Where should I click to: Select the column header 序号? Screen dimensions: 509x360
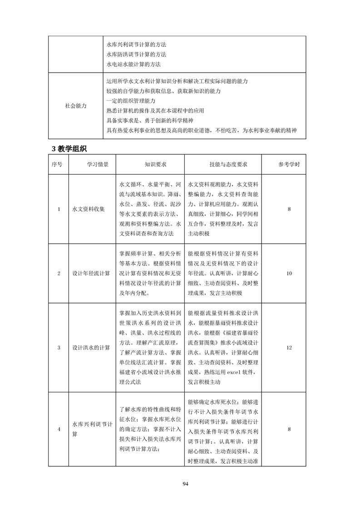[x=59, y=165]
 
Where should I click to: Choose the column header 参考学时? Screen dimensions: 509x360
[x=289, y=165]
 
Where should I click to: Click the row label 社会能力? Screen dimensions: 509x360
[x=76, y=106]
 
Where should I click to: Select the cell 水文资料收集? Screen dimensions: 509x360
[x=89, y=209]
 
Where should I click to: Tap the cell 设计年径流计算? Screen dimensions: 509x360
[x=91, y=273]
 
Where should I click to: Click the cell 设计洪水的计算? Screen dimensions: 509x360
[x=91, y=347]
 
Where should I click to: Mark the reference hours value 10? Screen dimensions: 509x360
[x=289, y=273]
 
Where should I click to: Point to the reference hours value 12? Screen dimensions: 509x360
[x=289, y=347]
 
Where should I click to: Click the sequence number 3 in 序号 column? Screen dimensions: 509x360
[x=59, y=347]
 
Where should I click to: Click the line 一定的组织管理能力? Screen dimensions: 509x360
[x=131, y=101]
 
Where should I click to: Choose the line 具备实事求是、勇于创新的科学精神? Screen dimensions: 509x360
[x=149, y=121]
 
